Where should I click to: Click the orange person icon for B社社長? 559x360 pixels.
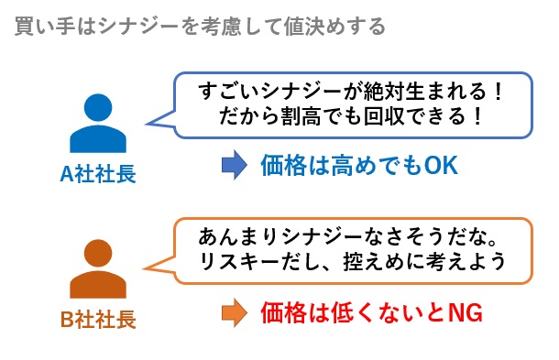pyautogui.click(x=98, y=267)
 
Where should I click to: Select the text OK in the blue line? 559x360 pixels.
pyautogui.click(x=440, y=166)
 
